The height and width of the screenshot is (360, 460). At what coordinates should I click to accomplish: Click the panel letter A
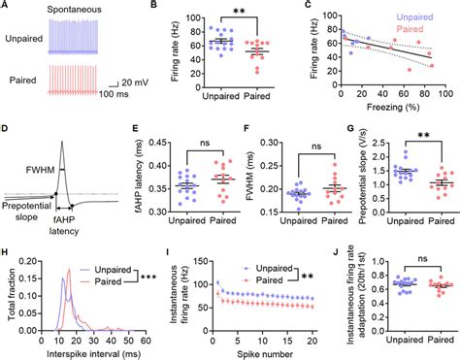pyautogui.click(x=6, y=7)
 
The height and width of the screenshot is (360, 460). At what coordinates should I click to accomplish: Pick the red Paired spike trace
pyautogui.click(x=79, y=79)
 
